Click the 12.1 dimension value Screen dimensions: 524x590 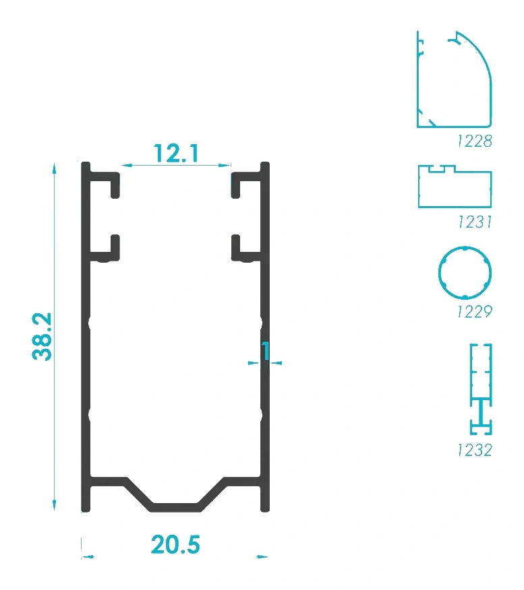pyautogui.click(x=176, y=154)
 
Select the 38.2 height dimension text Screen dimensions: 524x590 pyautogui.click(x=42, y=336)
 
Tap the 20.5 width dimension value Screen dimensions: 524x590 pyautogui.click(x=175, y=544)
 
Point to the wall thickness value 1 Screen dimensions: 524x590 pyautogui.click(x=266, y=350)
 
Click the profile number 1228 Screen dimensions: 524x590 pyautogui.click(x=475, y=141)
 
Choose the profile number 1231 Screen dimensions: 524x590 pyautogui.click(x=475, y=222)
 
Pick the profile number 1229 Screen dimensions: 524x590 pyautogui.click(x=475, y=312)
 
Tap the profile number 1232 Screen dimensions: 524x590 pyautogui.click(x=475, y=450)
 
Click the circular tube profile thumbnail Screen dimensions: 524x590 pyautogui.click(x=439, y=272)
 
